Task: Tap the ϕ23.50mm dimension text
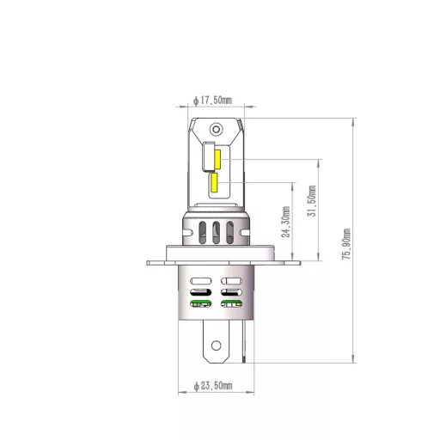click(x=213, y=388)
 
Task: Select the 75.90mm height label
click(x=346, y=250)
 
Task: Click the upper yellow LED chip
click(x=218, y=160)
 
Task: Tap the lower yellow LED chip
click(x=213, y=182)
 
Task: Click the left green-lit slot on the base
click(x=200, y=303)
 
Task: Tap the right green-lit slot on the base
click(x=232, y=303)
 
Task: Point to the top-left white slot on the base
click(x=200, y=281)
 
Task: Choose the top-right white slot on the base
click(x=232, y=281)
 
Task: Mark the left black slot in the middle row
click(x=200, y=292)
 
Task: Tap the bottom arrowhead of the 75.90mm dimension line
click(x=353, y=361)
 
